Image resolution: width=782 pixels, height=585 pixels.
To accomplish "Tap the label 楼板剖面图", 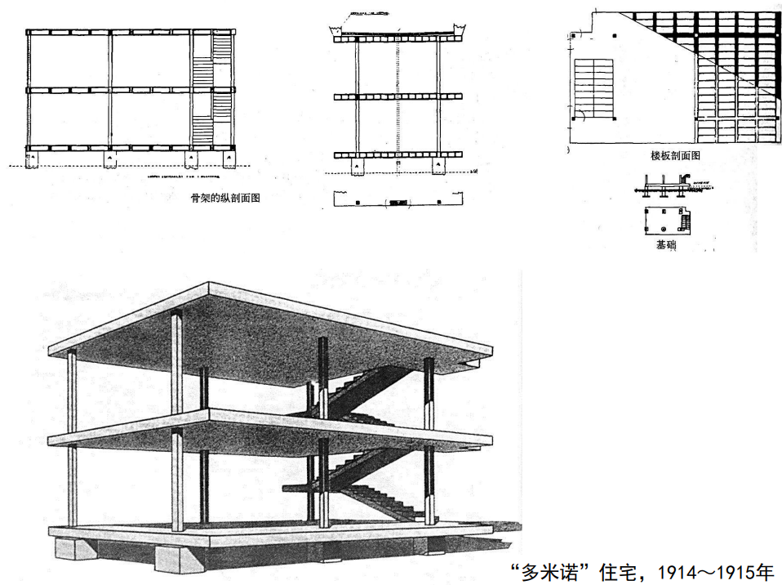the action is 673,154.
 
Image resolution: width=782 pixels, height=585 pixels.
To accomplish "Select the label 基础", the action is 666,244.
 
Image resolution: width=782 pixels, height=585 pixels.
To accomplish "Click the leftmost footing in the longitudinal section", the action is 33,159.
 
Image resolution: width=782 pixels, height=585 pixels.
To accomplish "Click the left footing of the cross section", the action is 358,167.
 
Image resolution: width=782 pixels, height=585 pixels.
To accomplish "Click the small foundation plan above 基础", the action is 666,219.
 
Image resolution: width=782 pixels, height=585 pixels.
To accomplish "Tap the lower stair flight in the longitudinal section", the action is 202,127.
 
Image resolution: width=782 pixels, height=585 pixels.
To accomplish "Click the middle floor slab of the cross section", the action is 398,96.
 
